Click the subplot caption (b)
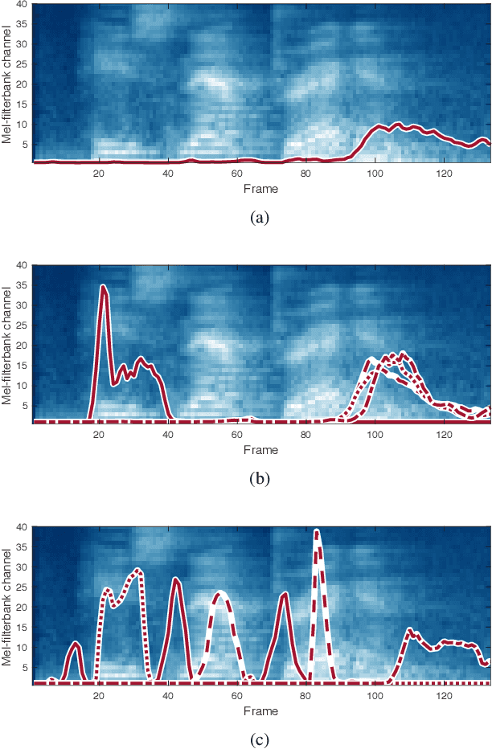(x=261, y=479)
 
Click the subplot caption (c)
(x=261, y=740)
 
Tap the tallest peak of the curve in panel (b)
(x=103, y=286)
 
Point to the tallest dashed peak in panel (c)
(x=317, y=531)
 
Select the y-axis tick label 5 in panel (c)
(x=25, y=668)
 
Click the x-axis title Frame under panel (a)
(x=261, y=189)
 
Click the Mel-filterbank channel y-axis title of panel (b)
(x=6, y=343)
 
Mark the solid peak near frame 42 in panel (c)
(x=176, y=579)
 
